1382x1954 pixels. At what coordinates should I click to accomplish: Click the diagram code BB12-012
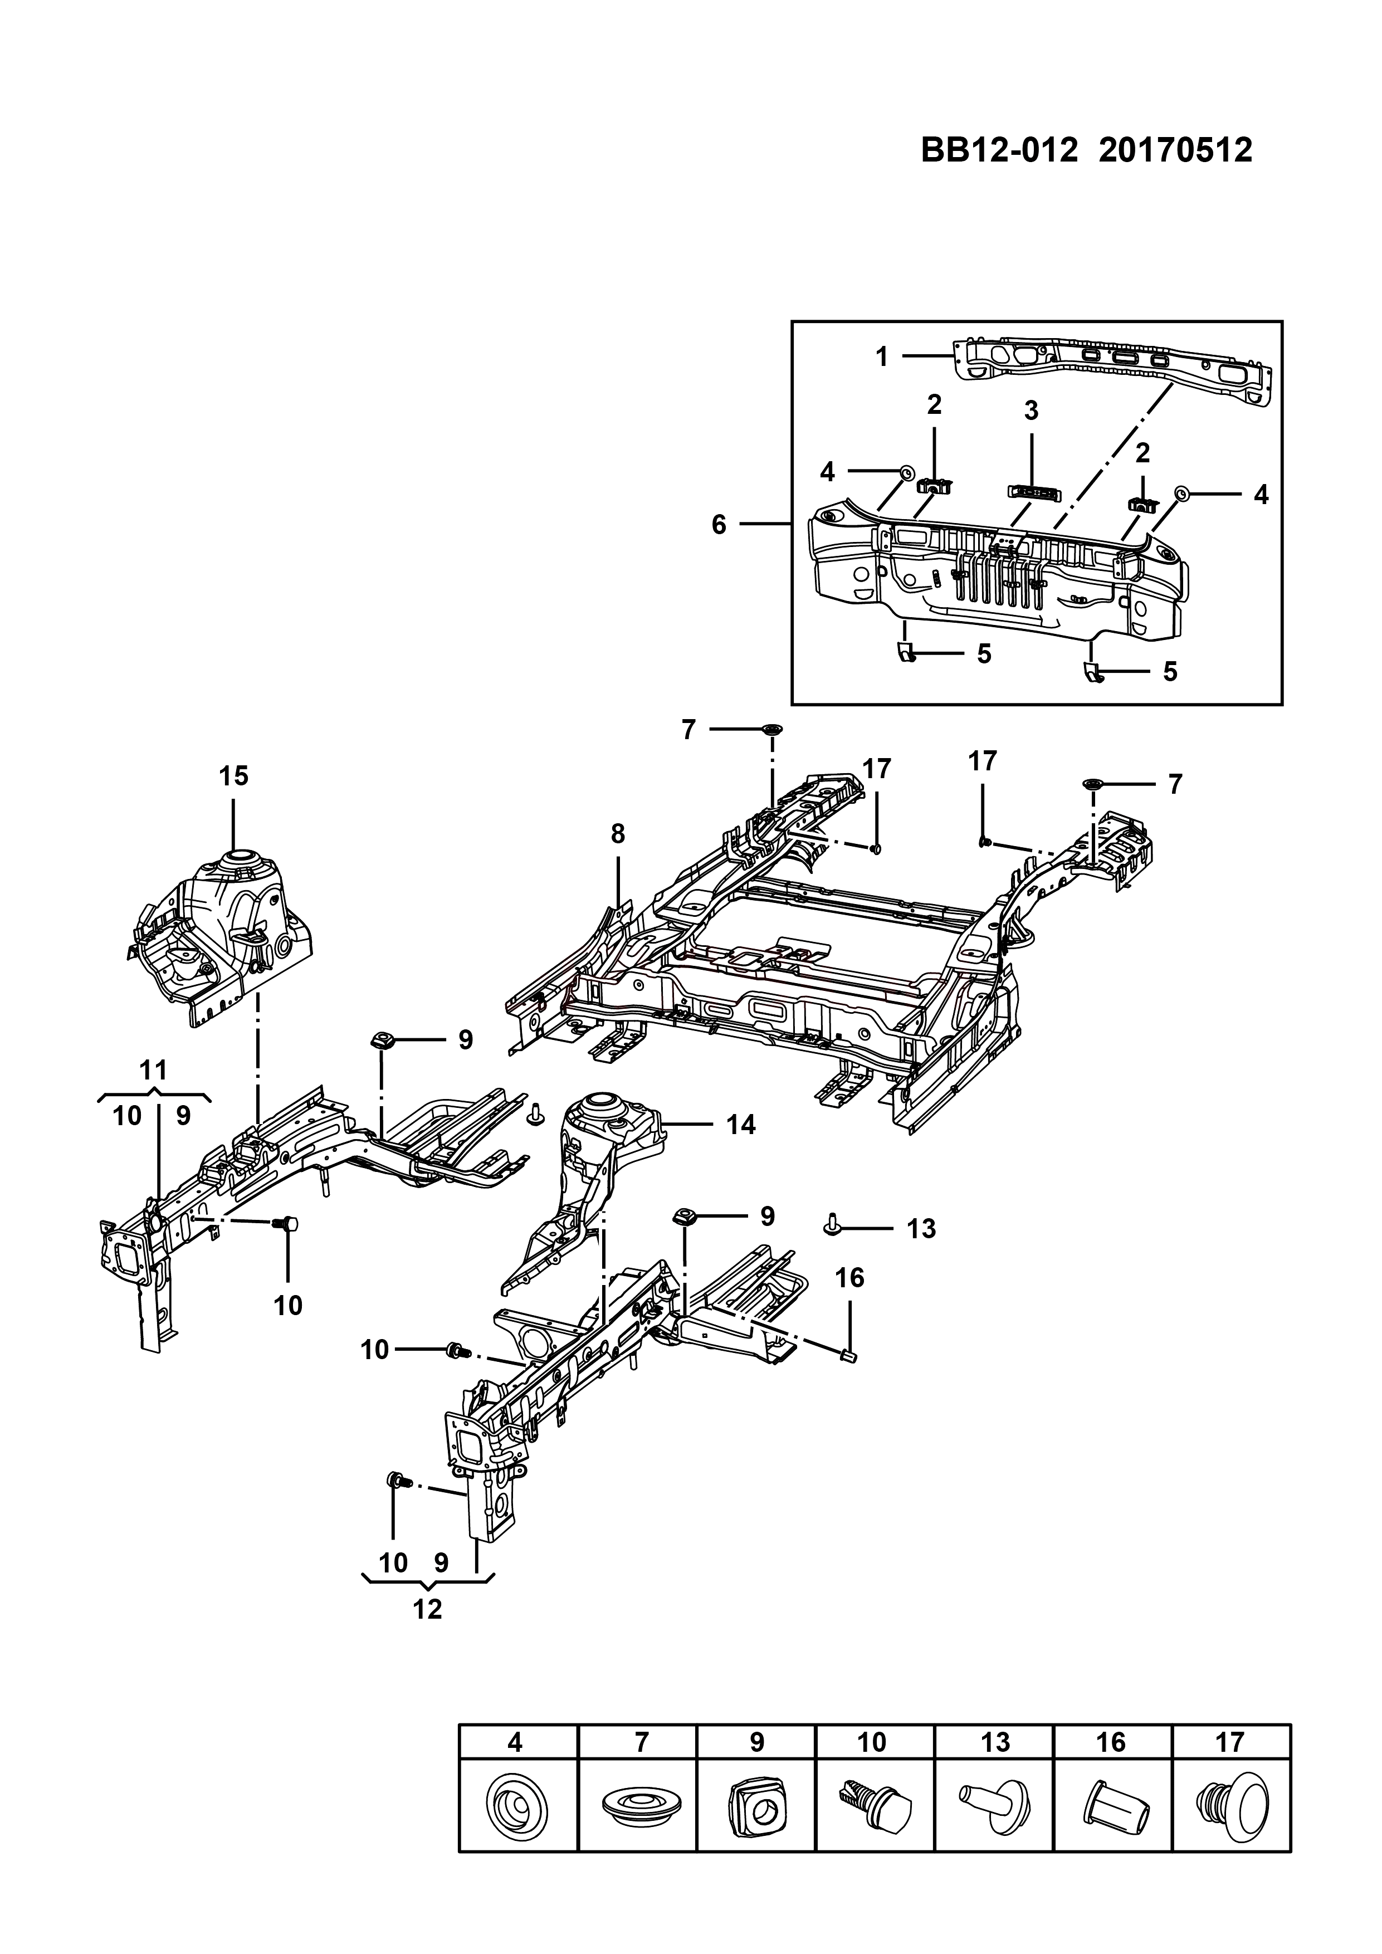click(999, 150)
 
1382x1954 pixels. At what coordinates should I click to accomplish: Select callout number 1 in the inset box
click(882, 356)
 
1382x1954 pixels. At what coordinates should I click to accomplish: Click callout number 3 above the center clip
click(1032, 411)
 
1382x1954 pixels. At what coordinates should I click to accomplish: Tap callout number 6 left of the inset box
click(719, 525)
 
